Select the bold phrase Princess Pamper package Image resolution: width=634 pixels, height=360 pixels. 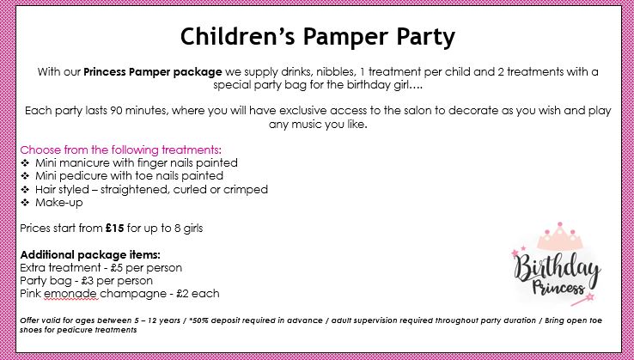[153, 72]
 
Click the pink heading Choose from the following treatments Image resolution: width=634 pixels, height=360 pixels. [121, 149]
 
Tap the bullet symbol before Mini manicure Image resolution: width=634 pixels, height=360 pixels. [25, 163]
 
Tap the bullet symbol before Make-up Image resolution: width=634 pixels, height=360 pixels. [25, 203]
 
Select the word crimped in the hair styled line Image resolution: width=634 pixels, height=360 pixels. [246, 189]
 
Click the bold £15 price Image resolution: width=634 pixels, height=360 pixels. [115, 229]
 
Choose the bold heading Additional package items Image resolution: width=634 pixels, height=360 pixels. [90, 255]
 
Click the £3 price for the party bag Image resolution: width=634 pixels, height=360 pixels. [88, 281]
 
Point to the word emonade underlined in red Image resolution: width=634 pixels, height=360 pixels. [70, 294]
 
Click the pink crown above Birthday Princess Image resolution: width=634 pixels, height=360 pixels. [560, 236]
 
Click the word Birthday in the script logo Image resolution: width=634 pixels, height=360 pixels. [558, 268]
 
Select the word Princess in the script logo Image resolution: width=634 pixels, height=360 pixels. [558, 287]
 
